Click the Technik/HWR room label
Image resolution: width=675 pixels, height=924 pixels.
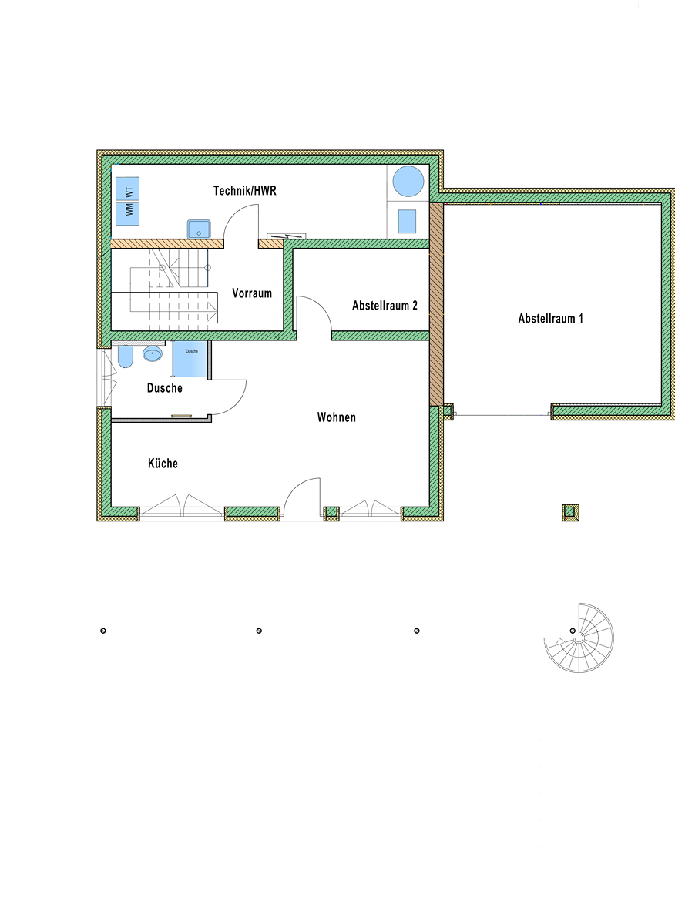pyautogui.click(x=245, y=191)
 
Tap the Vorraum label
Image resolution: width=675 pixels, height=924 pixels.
pyautogui.click(x=252, y=293)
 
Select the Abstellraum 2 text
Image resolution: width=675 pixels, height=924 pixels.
pyautogui.click(x=385, y=305)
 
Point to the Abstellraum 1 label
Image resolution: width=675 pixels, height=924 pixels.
pyautogui.click(x=551, y=318)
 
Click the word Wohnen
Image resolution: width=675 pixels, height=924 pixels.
pyautogui.click(x=337, y=417)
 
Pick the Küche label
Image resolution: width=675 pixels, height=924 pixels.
pyautogui.click(x=163, y=463)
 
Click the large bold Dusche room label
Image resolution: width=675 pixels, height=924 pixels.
pyautogui.click(x=165, y=388)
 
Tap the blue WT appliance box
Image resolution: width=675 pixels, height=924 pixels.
pyautogui.click(x=127, y=189)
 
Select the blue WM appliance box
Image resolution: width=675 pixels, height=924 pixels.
pyautogui.click(x=127, y=214)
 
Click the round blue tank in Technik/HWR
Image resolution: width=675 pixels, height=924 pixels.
pyautogui.click(x=408, y=181)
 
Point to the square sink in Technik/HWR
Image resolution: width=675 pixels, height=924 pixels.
pyautogui.click(x=199, y=229)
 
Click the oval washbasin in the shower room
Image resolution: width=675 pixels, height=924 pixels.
pyautogui.click(x=153, y=354)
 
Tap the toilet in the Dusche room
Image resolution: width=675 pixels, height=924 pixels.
pyautogui.click(x=126, y=357)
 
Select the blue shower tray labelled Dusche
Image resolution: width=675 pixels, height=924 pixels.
pyautogui.click(x=190, y=359)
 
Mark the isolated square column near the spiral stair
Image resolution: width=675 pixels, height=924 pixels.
pyautogui.click(x=570, y=513)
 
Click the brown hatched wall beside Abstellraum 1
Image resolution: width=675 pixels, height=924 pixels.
pyautogui.click(x=436, y=304)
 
